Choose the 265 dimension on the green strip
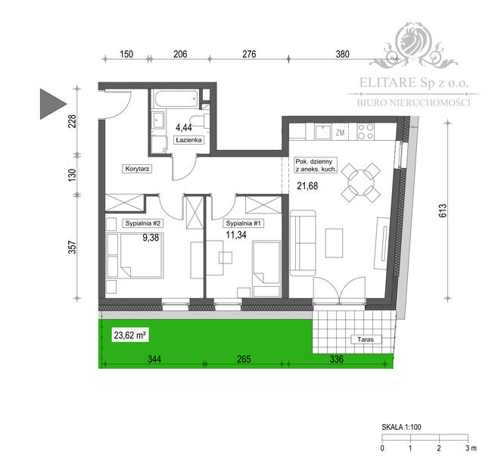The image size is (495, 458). (x=242, y=358)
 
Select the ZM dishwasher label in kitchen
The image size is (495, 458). (x=340, y=132)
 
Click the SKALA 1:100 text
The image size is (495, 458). (x=401, y=428)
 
